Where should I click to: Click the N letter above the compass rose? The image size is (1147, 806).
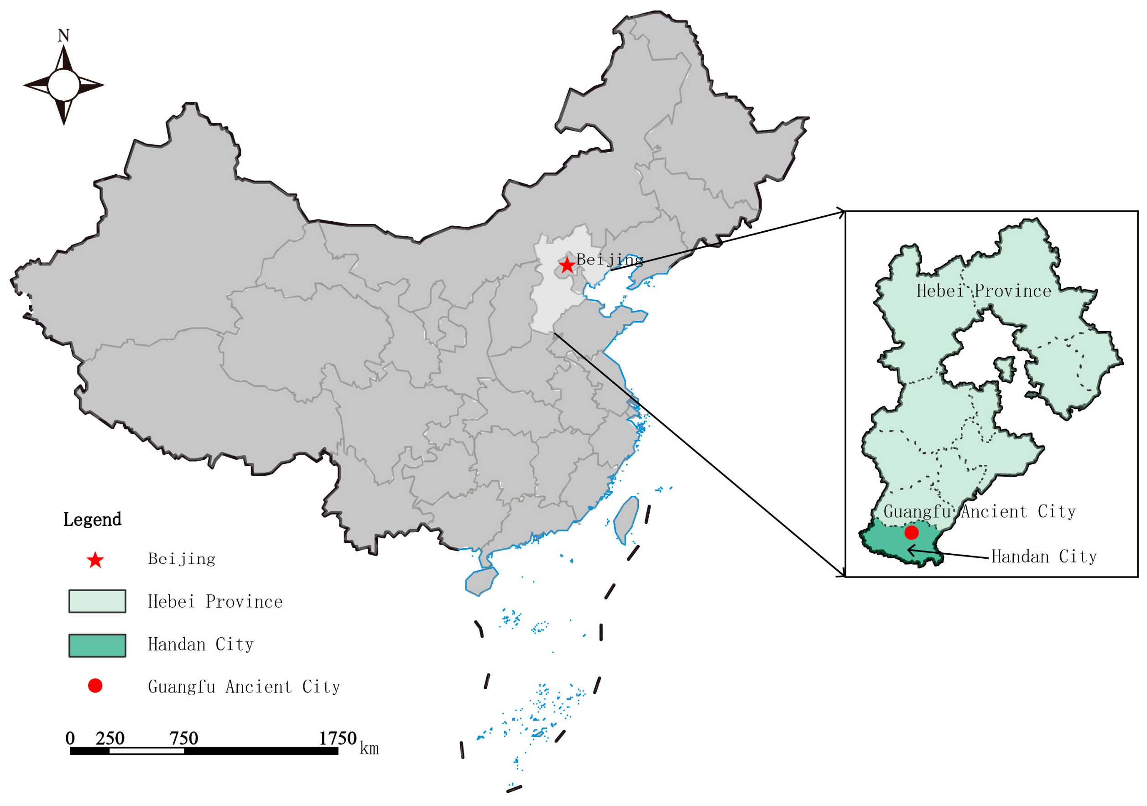click(63, 36)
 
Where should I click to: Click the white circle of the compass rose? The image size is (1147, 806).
click(63, 85)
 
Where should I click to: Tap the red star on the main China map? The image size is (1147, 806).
click(567, 265)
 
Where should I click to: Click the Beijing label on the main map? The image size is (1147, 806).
click(610, 260)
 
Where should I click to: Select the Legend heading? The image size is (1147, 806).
click(93, 520)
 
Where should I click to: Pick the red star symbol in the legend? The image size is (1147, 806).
click(95, 560)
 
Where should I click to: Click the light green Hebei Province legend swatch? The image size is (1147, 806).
click(98, 601)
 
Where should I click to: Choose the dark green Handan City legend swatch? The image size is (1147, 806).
click(98, 646)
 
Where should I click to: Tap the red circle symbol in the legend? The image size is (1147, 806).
click(95, 686)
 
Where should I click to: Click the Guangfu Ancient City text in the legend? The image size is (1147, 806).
click(244, 687)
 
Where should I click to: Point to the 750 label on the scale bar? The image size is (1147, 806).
click(184, 738)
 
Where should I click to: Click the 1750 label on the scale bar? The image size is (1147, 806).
click(338, 738)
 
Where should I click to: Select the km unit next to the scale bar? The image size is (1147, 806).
click(369, 749)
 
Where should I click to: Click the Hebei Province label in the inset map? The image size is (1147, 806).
click(984, 291)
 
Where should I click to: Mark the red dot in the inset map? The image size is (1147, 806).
click(912, 533)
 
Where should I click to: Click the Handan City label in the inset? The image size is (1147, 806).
click(1044, 557)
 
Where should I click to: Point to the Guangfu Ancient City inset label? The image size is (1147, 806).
click(980, 512)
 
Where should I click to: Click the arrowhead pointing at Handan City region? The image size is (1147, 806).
click(910, 550)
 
